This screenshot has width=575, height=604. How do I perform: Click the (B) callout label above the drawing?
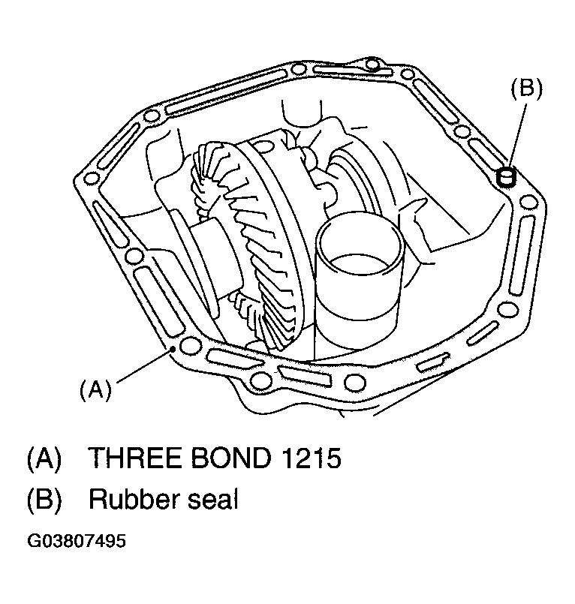tap(526, 88)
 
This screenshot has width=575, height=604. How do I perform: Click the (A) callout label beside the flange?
tap(95, 389)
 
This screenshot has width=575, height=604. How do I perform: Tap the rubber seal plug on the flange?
tap(506, 178)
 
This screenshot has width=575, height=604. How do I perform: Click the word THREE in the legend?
tap(135, 458)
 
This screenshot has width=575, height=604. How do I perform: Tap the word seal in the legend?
tap(212, 499)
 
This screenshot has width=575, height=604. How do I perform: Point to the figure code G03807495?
tap(77, 541)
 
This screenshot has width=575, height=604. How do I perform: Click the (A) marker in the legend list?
tap(44, 458)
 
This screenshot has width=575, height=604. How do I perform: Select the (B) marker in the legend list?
tap(44, 500)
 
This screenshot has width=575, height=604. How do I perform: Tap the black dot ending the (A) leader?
tap(173, 349)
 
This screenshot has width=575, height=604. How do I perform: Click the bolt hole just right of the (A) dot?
tap(189, 346)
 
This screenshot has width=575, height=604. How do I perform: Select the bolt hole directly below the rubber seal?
tap(528, 203)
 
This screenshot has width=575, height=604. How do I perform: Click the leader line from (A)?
tap(145, 365)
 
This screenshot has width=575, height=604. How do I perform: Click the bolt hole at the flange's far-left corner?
tap(91, 179)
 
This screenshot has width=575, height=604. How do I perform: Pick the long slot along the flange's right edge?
tap(522, 254)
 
